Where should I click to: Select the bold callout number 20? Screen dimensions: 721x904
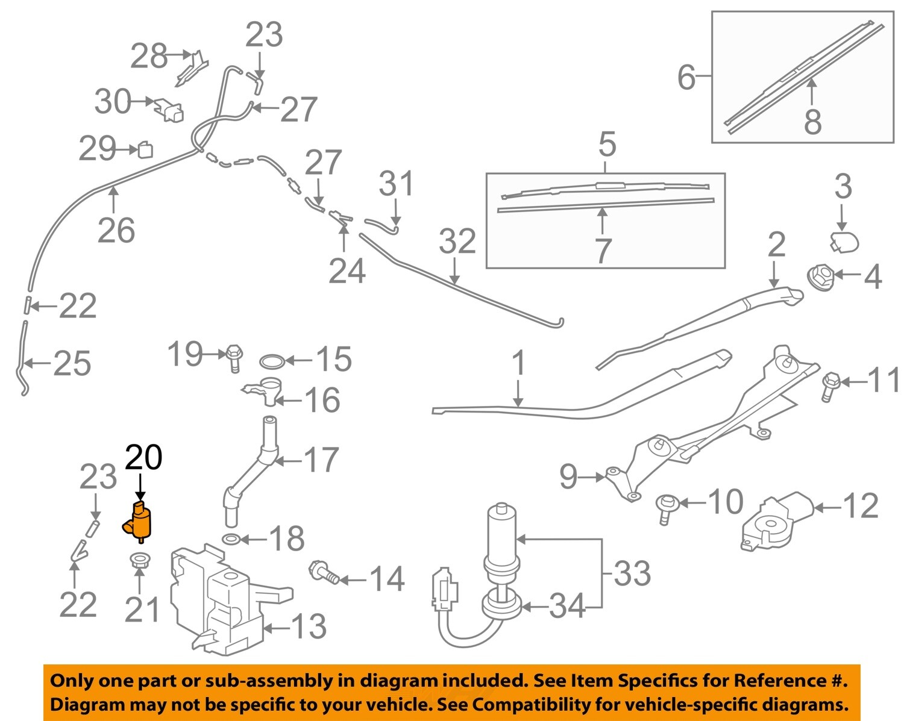(143, 458)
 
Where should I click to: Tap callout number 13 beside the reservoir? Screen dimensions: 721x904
(308, 626)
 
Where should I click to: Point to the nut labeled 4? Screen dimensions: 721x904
(820, 278)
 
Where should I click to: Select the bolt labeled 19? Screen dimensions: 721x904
(234, 357)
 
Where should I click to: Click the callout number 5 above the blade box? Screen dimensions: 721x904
(607, 145)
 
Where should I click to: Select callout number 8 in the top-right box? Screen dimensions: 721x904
(812, 122)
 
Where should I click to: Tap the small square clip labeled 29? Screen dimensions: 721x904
(146, 149)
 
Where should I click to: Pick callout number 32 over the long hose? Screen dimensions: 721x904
(457, 241)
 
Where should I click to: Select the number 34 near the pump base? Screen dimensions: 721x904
(567, 606)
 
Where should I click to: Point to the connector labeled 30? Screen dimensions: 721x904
(170, 110)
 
